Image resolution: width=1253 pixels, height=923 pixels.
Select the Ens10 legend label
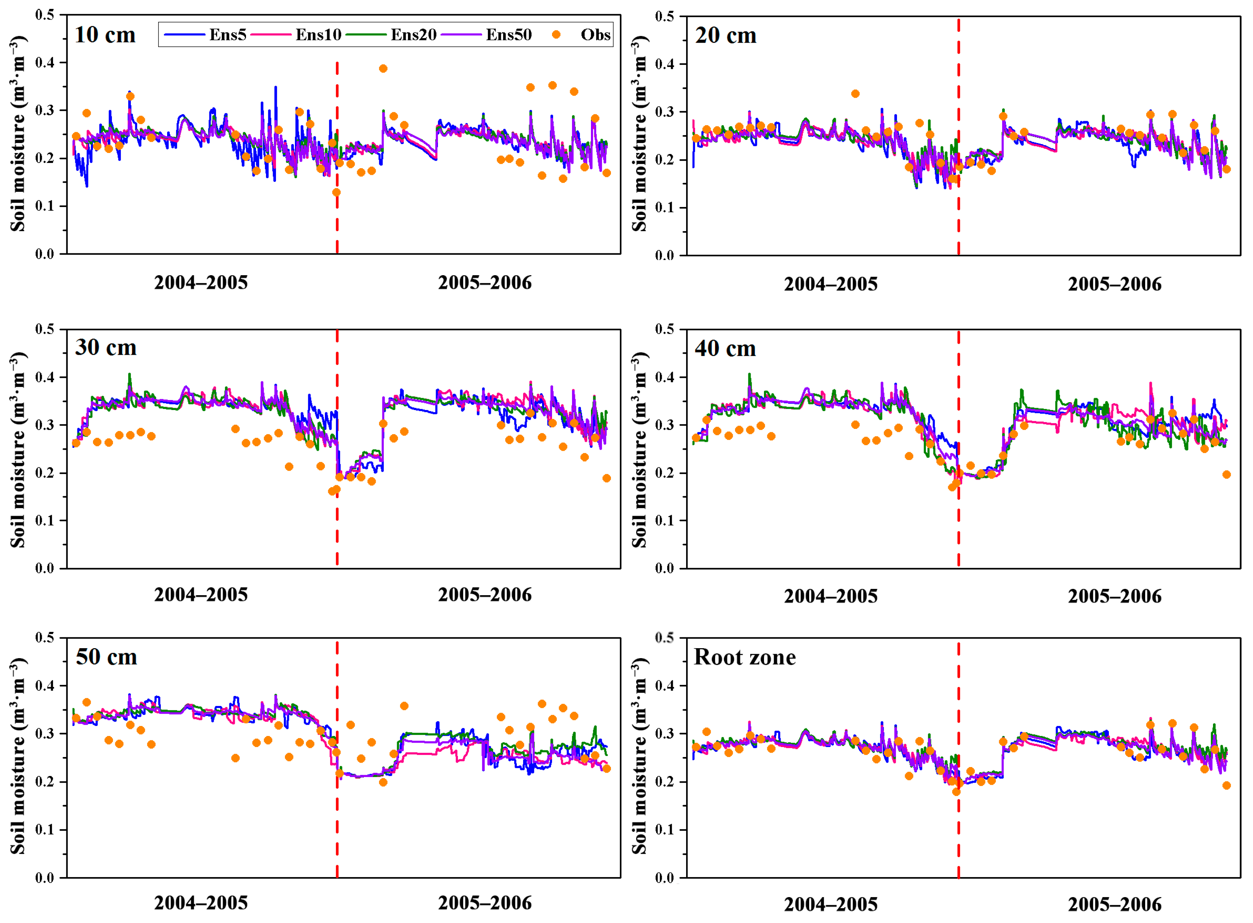[318, 35]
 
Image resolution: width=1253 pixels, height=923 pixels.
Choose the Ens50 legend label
[508, 35]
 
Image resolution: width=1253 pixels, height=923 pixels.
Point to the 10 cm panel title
[105, 35]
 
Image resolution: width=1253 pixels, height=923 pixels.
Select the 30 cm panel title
[106, 347]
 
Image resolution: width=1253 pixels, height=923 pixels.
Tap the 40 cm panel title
[725, 349]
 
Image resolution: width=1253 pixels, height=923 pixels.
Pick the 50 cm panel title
[106, 656]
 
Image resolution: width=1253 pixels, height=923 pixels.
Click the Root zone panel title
[744, 657]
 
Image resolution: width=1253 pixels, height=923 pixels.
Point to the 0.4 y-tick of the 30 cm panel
[45, 377]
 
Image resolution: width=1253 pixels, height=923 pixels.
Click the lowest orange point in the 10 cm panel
[336, 192]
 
